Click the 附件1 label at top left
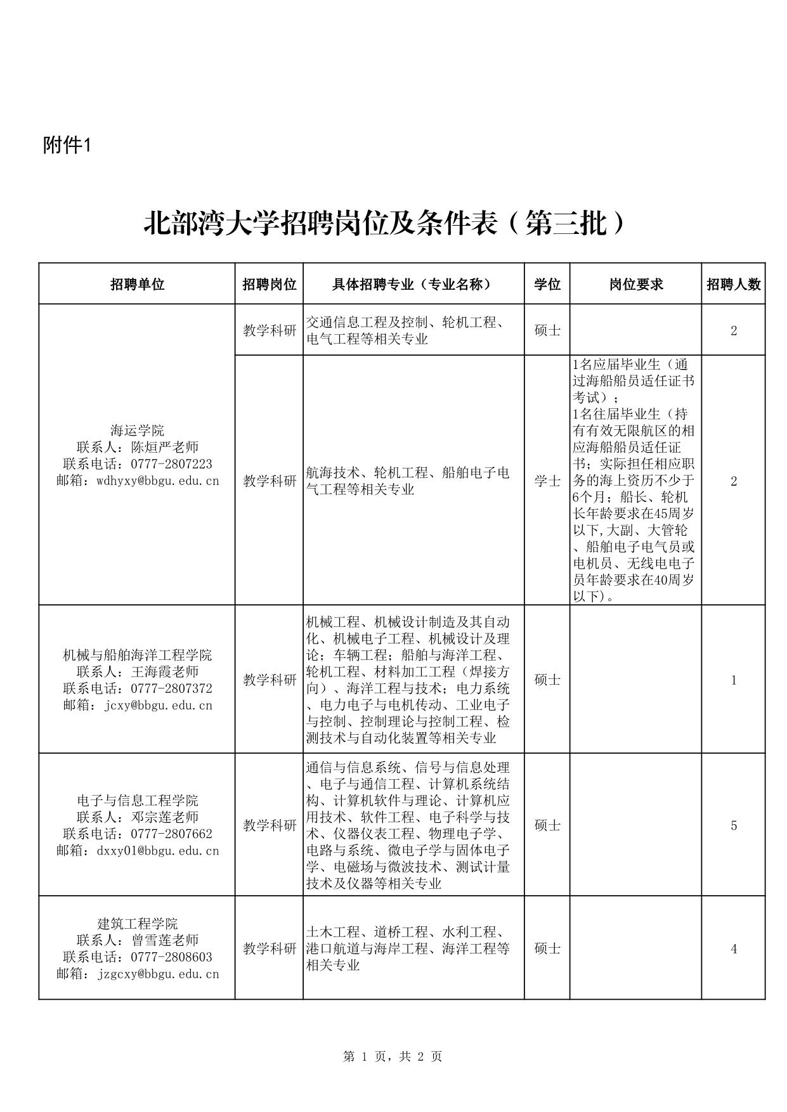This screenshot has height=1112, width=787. click(67, 145)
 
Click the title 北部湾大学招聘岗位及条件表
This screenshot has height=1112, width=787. click(384, 224)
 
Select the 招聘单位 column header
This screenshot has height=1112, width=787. click(137, 284)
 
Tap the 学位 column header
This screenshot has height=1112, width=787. click(547, 284)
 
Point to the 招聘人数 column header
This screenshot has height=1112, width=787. click(733, 284)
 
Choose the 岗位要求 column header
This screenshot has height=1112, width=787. click(635, 284)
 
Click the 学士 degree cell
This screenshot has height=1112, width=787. click(547, 481)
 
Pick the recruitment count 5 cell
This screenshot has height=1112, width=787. click(734, 825)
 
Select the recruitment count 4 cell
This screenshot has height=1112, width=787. click(734, 949)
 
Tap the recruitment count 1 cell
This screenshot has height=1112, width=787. click(734, 680)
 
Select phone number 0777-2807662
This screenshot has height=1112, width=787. click(171, 834)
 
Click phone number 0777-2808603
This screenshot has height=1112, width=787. click(171, 957)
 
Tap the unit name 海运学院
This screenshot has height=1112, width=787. click(137, 431)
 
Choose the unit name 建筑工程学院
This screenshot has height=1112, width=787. click(137, 924)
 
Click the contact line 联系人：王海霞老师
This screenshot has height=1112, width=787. click(137, 671)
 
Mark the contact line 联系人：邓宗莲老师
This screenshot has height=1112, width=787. click(137, 817)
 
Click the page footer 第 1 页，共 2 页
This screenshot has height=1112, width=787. click(393, 1056)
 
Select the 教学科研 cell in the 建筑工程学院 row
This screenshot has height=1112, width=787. click(270, 949)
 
